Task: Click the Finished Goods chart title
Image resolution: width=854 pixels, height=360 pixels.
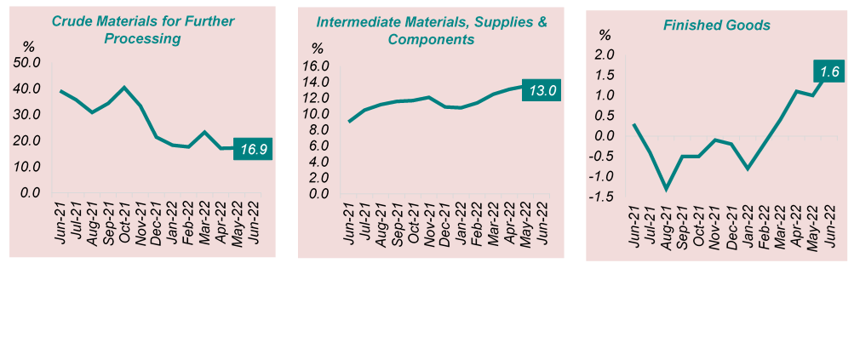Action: (x=717, y=26)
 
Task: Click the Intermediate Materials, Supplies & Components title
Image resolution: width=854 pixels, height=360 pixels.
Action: (x=431, y=30)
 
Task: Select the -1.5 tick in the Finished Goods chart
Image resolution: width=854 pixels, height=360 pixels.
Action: (x=605, y=197)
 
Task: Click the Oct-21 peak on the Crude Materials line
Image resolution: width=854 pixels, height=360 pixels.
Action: (x=124, y=88)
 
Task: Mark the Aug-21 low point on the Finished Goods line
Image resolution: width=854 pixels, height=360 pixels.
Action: (x=667, y=189)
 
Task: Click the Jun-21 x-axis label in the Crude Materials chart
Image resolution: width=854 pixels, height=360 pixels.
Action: (x=60, y=223)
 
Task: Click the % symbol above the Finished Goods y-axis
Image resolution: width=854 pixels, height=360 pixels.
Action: (x=605, y=35)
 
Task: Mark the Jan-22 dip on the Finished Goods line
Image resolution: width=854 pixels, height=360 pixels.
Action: (x=748, y=169)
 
